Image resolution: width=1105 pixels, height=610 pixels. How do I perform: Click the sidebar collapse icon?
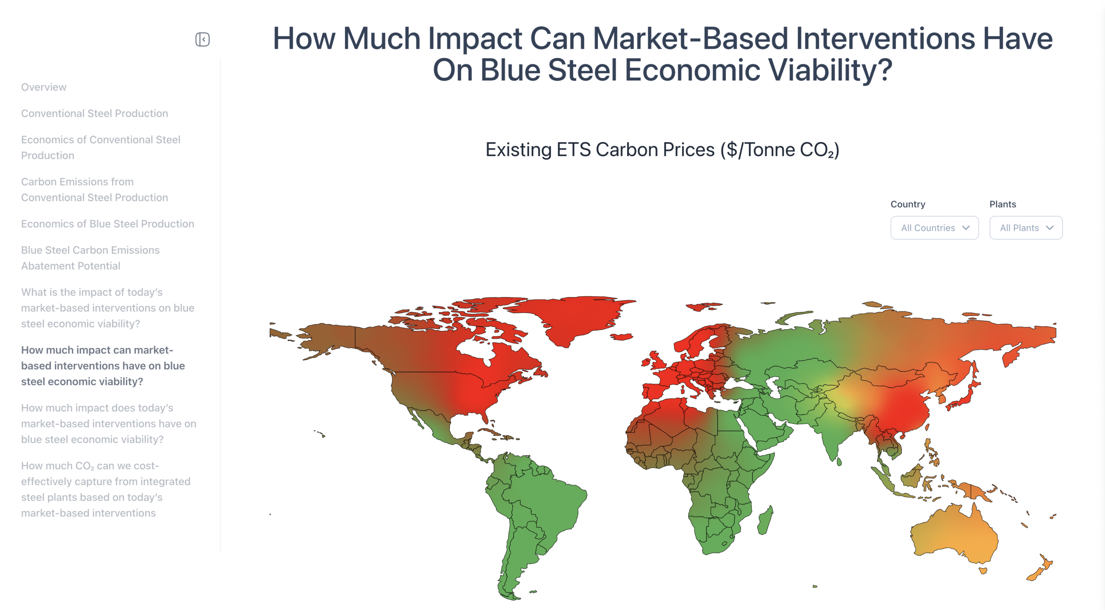pos(202,39)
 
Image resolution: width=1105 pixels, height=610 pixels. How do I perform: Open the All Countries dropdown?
pos(935,228)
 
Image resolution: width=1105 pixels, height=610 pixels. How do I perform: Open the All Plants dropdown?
pos(1026,228)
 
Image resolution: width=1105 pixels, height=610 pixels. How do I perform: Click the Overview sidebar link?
pos(44,87)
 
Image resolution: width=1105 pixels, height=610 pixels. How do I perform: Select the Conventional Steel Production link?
pos(95,113)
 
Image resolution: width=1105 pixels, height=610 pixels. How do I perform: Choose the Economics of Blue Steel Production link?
pos(107,224)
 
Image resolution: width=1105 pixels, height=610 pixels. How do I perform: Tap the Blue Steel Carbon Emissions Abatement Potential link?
pos(90,258)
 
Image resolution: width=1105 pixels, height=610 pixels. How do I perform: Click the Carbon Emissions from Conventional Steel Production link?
pos(95,189)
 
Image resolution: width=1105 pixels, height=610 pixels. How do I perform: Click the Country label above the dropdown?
pos(908,204)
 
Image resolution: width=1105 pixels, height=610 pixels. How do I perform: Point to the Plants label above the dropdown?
pos(1003,204)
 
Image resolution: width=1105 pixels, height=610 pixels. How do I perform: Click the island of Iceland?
pos(622,336)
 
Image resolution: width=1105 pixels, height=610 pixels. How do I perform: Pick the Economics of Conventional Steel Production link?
pos(101,148)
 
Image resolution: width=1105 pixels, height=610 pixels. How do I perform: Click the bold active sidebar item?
pos(103,366)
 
